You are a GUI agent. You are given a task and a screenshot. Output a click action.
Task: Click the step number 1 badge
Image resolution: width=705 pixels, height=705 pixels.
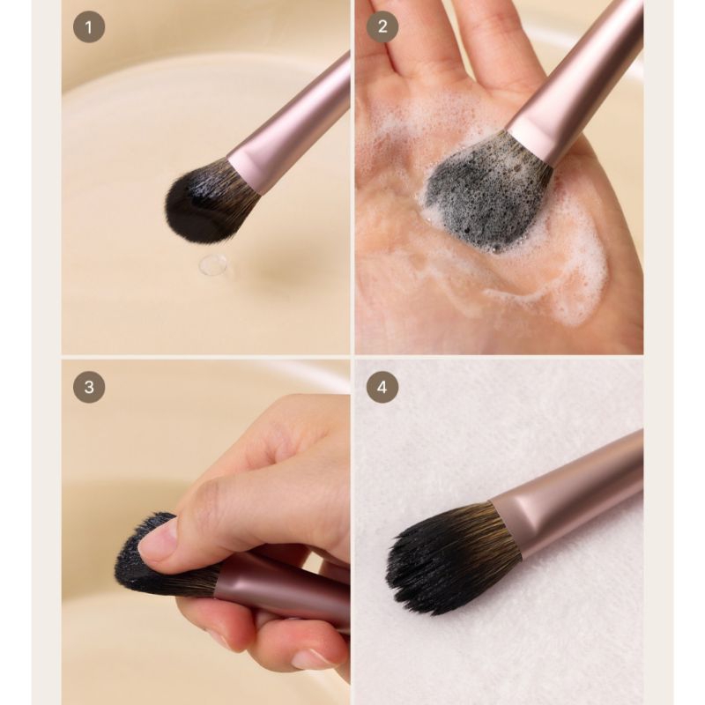coord(89,27)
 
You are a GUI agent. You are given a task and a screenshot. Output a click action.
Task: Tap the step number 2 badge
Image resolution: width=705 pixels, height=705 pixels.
coord(382,27)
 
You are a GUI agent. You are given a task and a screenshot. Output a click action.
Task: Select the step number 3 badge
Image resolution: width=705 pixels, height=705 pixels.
coord(89,387)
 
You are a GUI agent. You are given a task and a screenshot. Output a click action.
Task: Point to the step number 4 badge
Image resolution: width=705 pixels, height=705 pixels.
coord(382,387)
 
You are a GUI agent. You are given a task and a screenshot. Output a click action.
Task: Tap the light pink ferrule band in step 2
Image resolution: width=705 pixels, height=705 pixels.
coord(533,138)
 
